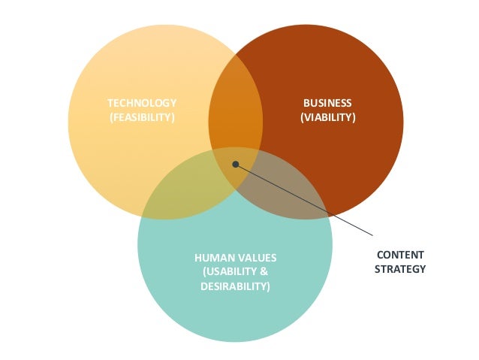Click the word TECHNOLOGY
tap(142, 103)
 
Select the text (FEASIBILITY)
tap(142, 117)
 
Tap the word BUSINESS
tap(327, 103)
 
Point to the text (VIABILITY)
tap(327, 117)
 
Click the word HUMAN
tap(212, 259)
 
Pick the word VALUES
tap(253, 259)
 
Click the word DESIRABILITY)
tap(235, 286)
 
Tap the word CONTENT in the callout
tap(399, 255)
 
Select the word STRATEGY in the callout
tap(399, 269)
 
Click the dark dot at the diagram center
tap(236, 164)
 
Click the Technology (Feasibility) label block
tap(142, 110)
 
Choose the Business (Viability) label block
tap(327, 110)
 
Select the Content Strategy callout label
tap(399, 262)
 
